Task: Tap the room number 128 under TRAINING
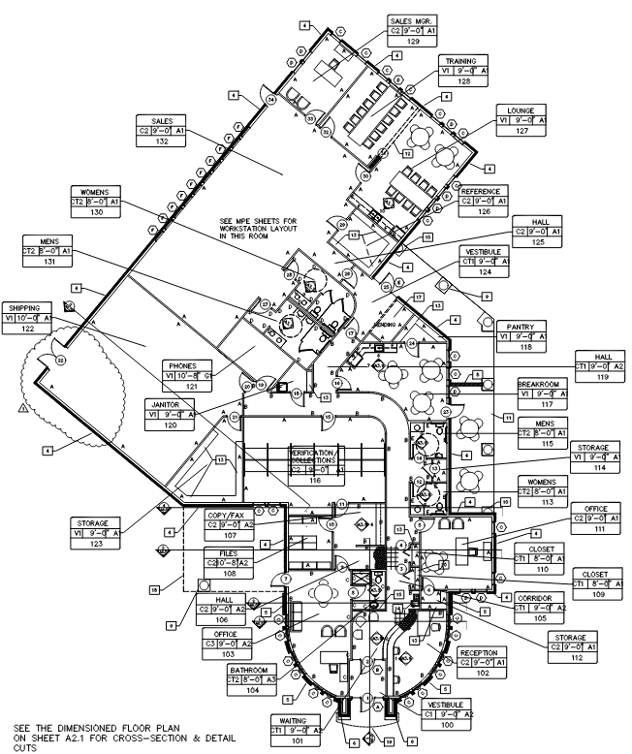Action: [438, 81]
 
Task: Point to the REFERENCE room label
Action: [482, 191]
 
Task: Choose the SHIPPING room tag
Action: [27, 307]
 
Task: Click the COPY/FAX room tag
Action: [227, 515]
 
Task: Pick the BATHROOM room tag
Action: [251, 670]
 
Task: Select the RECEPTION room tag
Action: [482, 653]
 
